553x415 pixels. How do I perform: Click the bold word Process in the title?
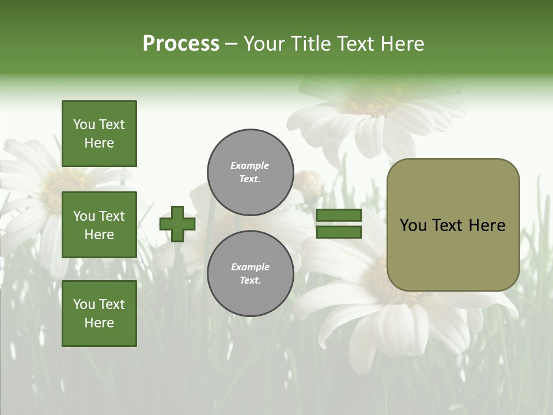181,44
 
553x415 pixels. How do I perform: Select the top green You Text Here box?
99,134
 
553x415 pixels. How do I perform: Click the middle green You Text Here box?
99,225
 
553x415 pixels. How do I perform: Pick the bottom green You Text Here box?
99,314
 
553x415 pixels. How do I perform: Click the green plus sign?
177,224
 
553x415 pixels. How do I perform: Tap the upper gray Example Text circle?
251,172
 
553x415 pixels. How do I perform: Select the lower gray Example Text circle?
251,274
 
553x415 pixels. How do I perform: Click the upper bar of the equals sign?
339,216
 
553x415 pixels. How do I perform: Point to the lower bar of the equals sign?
339,232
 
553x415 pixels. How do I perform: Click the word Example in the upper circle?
250,165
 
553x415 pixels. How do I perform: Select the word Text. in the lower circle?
250,281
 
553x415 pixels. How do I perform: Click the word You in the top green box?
84,124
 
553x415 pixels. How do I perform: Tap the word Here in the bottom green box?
99,323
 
